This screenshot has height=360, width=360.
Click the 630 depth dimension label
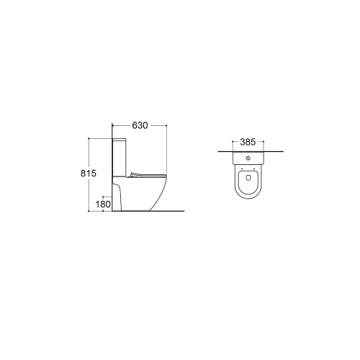[x=140, y=125]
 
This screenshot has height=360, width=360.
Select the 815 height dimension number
[x=89, y=173]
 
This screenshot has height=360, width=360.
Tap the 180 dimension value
[x=103, y=204]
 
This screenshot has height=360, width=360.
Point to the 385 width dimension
[x=248, y=142]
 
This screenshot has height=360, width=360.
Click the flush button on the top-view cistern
[x=248, y=158]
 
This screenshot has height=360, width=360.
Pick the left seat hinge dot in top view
[x=242, y=168]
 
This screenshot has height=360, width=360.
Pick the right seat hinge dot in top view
[x=254, y=168]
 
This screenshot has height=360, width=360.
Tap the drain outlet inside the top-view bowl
[x=248, y=178]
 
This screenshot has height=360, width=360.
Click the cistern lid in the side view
[x=119, y=140]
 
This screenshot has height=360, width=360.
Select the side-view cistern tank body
[x=119, y=158]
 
